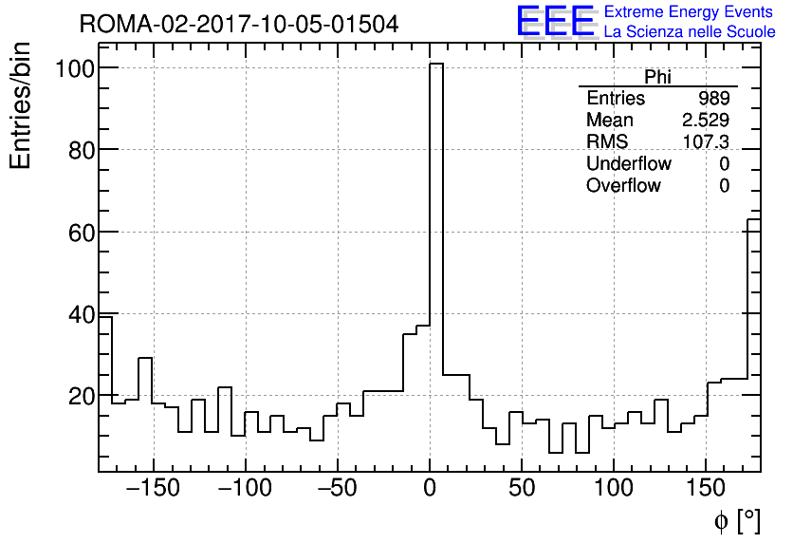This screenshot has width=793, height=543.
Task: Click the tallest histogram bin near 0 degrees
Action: point(436,266)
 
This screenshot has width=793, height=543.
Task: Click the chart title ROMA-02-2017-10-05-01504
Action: point(239,24)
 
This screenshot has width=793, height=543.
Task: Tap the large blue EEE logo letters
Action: point(555,21)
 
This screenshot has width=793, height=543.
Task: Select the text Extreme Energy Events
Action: point(689,12)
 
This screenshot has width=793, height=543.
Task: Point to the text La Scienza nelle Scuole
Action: point(690,32)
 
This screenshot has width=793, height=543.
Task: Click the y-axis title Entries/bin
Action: point(21,105)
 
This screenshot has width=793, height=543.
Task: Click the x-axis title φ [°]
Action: point(737,520)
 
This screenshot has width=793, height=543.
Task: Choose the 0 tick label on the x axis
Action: point(430,489)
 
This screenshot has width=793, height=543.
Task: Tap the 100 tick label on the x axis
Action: point(614,489)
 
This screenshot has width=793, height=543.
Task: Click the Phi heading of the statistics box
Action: point(657,78)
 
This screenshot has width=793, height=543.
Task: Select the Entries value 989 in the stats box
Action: point(713,99)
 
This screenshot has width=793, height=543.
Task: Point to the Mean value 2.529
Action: point(706,121)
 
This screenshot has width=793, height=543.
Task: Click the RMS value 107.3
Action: point(706,142)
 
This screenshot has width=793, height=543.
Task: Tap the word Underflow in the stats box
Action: point(628,164)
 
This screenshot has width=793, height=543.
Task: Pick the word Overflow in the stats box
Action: point(623,186)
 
